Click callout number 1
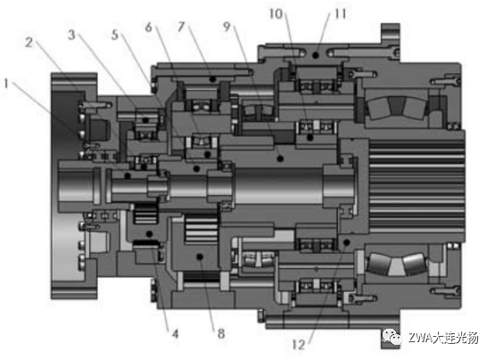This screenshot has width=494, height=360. point(6,84)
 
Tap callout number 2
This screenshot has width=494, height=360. point(29,43)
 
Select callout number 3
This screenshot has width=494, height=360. point(72,35)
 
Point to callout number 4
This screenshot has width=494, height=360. point(175,333)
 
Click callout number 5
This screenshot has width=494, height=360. point(115,35)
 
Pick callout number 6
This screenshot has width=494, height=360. point(148,27)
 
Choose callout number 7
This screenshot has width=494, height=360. point(181,27)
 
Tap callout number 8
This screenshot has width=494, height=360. point(221,333)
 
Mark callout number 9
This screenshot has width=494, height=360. point(226,27)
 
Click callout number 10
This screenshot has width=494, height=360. point(276,14)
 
